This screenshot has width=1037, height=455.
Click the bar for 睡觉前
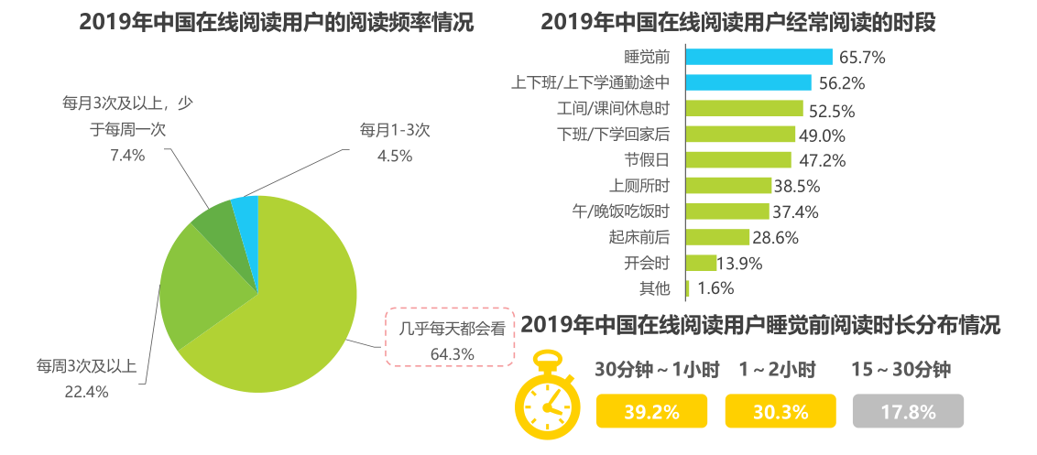[759, 57]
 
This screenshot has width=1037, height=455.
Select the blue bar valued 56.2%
[748, 82]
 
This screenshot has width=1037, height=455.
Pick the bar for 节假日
[738, 160]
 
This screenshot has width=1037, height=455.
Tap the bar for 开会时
[701, 263]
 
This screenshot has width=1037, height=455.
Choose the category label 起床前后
[640, 237]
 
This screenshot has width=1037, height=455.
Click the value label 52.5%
[832, 112]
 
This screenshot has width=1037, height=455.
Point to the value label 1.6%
[715, 289]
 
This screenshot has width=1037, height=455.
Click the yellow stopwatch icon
[547, 395]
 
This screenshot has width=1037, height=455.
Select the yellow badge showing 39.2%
[651, 412]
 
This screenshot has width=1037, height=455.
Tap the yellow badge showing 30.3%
[780, 412]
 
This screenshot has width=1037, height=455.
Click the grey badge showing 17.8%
[908, 412]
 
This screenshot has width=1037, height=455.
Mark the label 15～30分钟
[901, 371]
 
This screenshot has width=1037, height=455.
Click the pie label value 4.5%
[395, 156]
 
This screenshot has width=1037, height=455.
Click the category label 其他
[654, 289]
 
